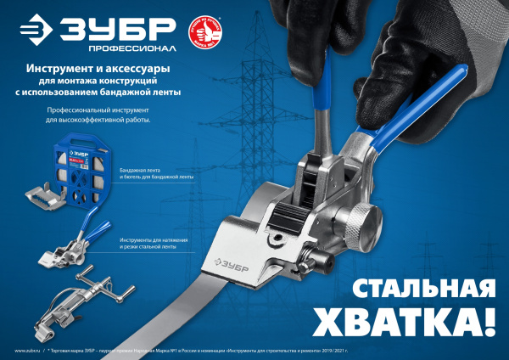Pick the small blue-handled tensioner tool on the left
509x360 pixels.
point(71,248)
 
